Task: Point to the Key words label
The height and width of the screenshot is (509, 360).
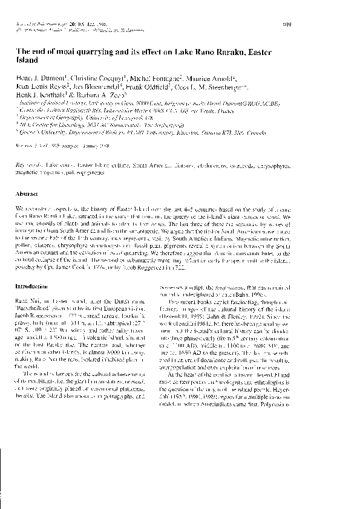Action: (x=26, y=164)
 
